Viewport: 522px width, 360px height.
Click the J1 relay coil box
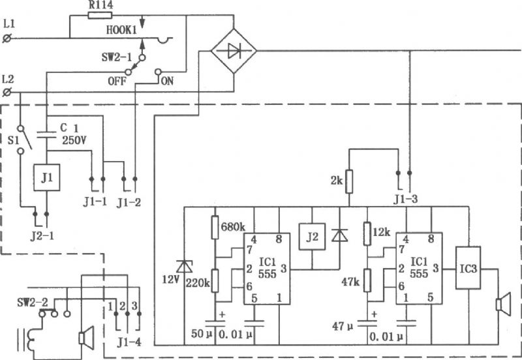coord(46,177)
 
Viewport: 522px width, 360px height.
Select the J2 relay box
coord(312,237)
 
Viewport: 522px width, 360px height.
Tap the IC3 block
coord(468,268)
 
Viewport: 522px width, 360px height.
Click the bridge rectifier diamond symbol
coord(234,51)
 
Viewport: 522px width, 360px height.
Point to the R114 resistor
coord(100,15)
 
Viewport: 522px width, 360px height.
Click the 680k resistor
coord(215,227)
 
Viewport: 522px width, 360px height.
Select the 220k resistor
coord(215,281)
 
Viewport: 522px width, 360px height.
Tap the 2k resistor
coord(349,181)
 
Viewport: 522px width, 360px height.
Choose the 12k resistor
coord(367,233)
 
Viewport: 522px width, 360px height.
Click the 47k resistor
coord(367,280)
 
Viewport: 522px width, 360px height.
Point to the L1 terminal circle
coord(7,38)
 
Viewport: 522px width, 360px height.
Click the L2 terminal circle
coord(7,92)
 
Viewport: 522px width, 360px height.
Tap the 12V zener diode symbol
coord(184,267)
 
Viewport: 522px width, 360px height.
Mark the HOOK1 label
coord(121,30)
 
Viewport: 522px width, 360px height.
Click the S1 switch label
coord(13,140)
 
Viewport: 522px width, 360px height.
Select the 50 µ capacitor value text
coord(202,334)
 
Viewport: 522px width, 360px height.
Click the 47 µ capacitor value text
coord(343,326)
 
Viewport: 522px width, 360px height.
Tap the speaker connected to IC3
coord(503,304)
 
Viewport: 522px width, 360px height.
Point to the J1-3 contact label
coord(405,200)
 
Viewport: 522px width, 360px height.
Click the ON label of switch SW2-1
coord(167,81)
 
